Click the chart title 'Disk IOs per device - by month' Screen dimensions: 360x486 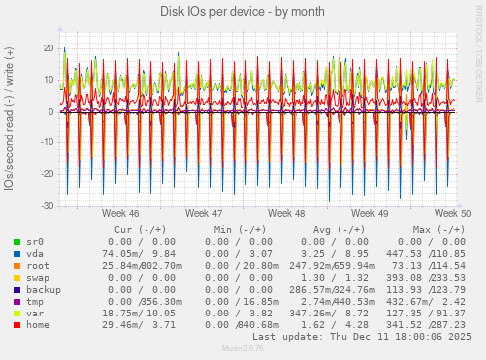pyautogui.click(x=243, y=11)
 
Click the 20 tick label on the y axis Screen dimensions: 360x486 pyautogui.click(x=48, y=47)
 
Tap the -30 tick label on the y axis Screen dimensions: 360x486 pyautogui.click(x=45, y=206)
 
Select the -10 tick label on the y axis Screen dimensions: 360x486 pyautogui.click(x=45, y=142)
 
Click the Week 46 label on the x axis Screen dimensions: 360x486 pyautogui.click(x=120, y=214)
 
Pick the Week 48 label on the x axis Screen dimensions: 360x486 pyautogui.click(x=286, y=214)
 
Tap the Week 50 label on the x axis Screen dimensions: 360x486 pyautogui.click(x=452, y=214)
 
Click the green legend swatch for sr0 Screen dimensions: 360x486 pyautogui.click(x=17, y=242)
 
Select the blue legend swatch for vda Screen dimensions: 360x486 pyautogui.click(x=17, y=254)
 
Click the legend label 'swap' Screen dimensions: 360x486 pyautogui.click(x=38, y=278)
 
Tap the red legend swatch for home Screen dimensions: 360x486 pyautogui.click(x=17, y=325)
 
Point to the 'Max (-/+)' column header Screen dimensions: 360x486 pyautogui.click(x=432, y=229)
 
